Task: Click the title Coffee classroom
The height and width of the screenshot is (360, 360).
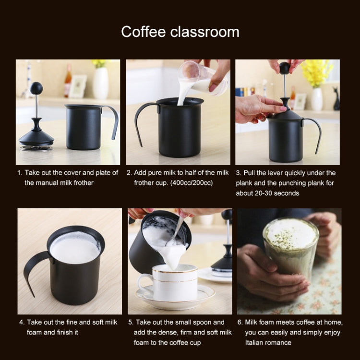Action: pos(180,32)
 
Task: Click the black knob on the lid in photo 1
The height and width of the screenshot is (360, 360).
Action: pos(36,88)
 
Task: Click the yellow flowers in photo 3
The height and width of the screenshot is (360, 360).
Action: pos(317,72)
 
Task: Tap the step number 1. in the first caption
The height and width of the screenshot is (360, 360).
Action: pos(20,173)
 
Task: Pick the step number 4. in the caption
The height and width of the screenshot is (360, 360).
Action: pos(22,322)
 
